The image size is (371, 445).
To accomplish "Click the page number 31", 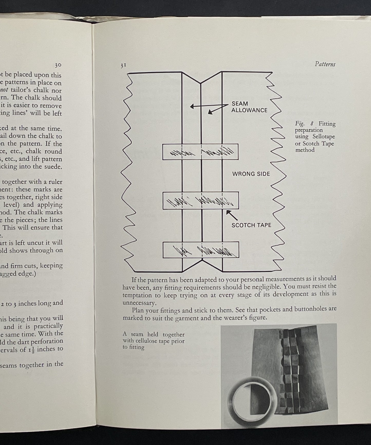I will [x=123, y=66].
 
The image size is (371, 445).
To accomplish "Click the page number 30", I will [x=58, y=65].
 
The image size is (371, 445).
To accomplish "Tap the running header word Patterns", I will [x=325, y=64].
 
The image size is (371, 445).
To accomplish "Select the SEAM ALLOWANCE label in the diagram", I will [x=249, y=107].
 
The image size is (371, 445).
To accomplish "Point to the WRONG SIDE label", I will [x=251, y=174].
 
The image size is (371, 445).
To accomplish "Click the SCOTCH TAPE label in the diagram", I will [x=251, y=225].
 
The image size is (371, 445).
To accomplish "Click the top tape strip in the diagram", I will [x=200, y=152].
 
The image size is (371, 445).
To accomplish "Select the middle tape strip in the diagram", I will [x=201, y=201].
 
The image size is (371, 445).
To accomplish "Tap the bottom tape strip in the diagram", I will [x=201, y=250].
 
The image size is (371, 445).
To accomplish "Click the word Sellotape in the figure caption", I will [x=324, y=137].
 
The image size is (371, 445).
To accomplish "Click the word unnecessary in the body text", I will [x=139, y=303].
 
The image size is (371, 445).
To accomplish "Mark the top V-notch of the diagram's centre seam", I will [x=201, y=83].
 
